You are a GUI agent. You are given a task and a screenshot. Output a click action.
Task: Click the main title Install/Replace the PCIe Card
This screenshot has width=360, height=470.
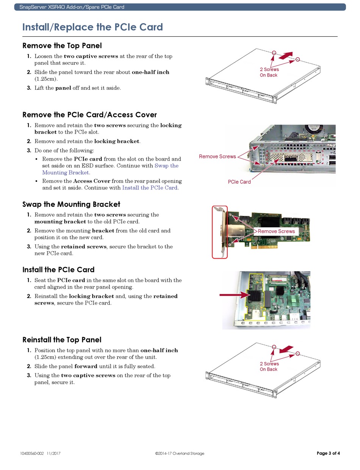pyautogui.click(x=92, y=27)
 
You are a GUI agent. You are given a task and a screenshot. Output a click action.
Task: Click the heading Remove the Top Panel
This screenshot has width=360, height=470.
pyautogui.click(x=62, y=46)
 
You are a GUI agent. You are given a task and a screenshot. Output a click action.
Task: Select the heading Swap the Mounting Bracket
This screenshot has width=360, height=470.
pyautogui.click(x=71, y=205)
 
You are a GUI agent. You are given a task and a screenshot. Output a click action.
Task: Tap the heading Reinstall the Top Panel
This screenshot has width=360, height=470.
pyautogui.click(x=62, y=340)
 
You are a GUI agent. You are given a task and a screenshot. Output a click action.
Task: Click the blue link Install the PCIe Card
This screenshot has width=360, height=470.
pyautogui.click(x=150, y=187)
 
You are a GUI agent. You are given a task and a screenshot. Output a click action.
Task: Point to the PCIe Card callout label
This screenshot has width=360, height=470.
pyautogui.click(x=239, y=182)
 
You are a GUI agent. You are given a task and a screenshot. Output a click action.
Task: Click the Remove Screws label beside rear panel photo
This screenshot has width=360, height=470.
pyautogui.click(x=217, y=156)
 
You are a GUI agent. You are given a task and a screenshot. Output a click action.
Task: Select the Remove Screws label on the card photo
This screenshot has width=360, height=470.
pyautogui.click(x=276, y=231)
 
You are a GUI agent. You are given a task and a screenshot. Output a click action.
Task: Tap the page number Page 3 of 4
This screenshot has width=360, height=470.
pyautogui.click(x=328, y=453)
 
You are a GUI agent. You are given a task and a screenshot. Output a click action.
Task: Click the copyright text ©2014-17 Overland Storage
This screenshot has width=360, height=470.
pyautogui.click(x=180, y=453)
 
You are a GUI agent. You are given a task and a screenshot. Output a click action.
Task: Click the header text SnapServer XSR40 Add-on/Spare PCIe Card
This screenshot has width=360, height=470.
pyautogui.click(x=72, y=7)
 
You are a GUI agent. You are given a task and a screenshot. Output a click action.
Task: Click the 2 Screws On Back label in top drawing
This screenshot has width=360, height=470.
pyautogui.click(x=269, y=72)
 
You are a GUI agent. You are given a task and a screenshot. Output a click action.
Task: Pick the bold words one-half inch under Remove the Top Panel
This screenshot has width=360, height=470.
pyautogui.click(x=150, y=72)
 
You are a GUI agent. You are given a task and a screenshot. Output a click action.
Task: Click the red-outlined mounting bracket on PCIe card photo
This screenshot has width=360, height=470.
pyautogui.click(x=220, y=232)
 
